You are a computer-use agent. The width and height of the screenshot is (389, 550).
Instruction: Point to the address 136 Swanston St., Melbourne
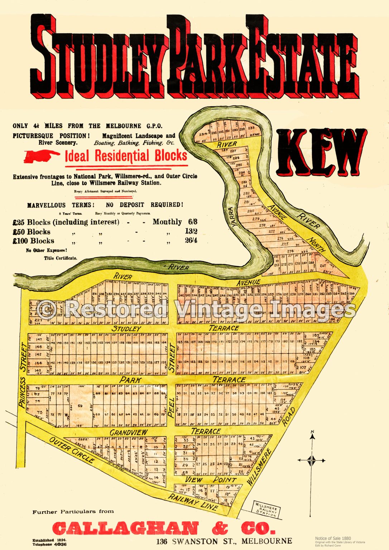pos(224,541)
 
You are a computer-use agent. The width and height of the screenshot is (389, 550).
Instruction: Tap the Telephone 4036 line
pos(49,544)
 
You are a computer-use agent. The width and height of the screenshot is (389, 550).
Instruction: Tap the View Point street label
pos(210,479)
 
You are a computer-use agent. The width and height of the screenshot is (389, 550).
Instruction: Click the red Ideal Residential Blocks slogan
pos(126,156)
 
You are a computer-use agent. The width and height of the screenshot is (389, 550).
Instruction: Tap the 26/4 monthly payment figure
pos(191,241)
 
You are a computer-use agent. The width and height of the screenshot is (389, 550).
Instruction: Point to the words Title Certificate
pos(60,258)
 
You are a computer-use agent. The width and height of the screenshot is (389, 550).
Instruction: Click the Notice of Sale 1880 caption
pos(333,538)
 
